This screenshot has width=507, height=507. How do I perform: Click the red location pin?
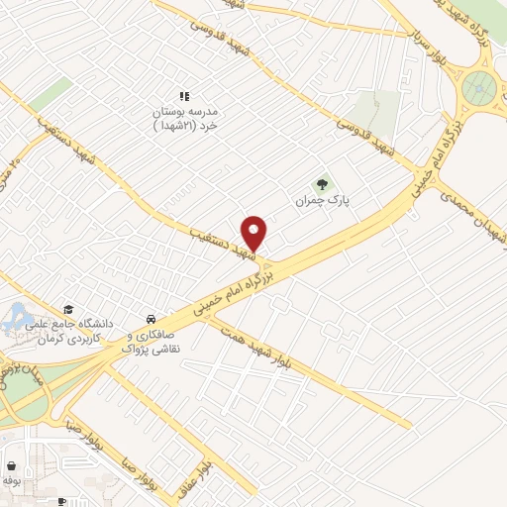point(254,232)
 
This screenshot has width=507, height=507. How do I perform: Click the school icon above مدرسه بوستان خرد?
point(183,97)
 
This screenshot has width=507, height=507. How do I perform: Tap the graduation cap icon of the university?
point(68,311)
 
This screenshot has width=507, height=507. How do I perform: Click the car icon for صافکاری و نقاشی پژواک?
point(150,320)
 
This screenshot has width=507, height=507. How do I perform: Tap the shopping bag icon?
point(11,466)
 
